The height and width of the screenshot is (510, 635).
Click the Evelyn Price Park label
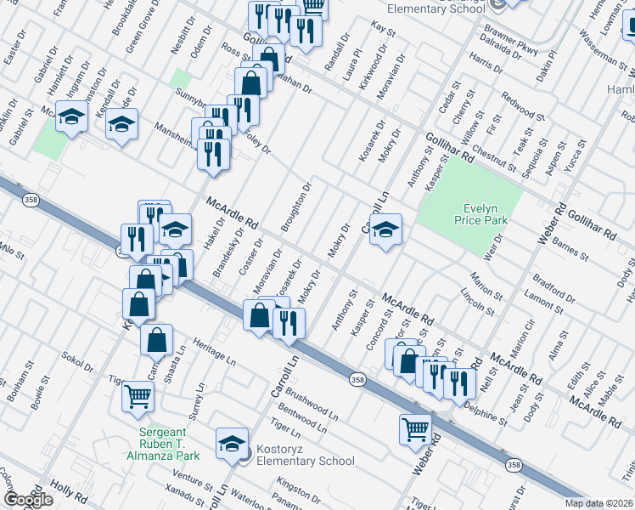(x=486, y=213)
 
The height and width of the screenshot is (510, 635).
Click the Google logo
(x=28, y=499)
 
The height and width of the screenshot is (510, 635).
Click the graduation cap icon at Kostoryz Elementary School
(x=232, y=443)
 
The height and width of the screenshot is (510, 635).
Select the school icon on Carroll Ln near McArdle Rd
(x=385, y=229)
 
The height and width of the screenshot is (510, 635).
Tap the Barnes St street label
(x=570, y=249)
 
